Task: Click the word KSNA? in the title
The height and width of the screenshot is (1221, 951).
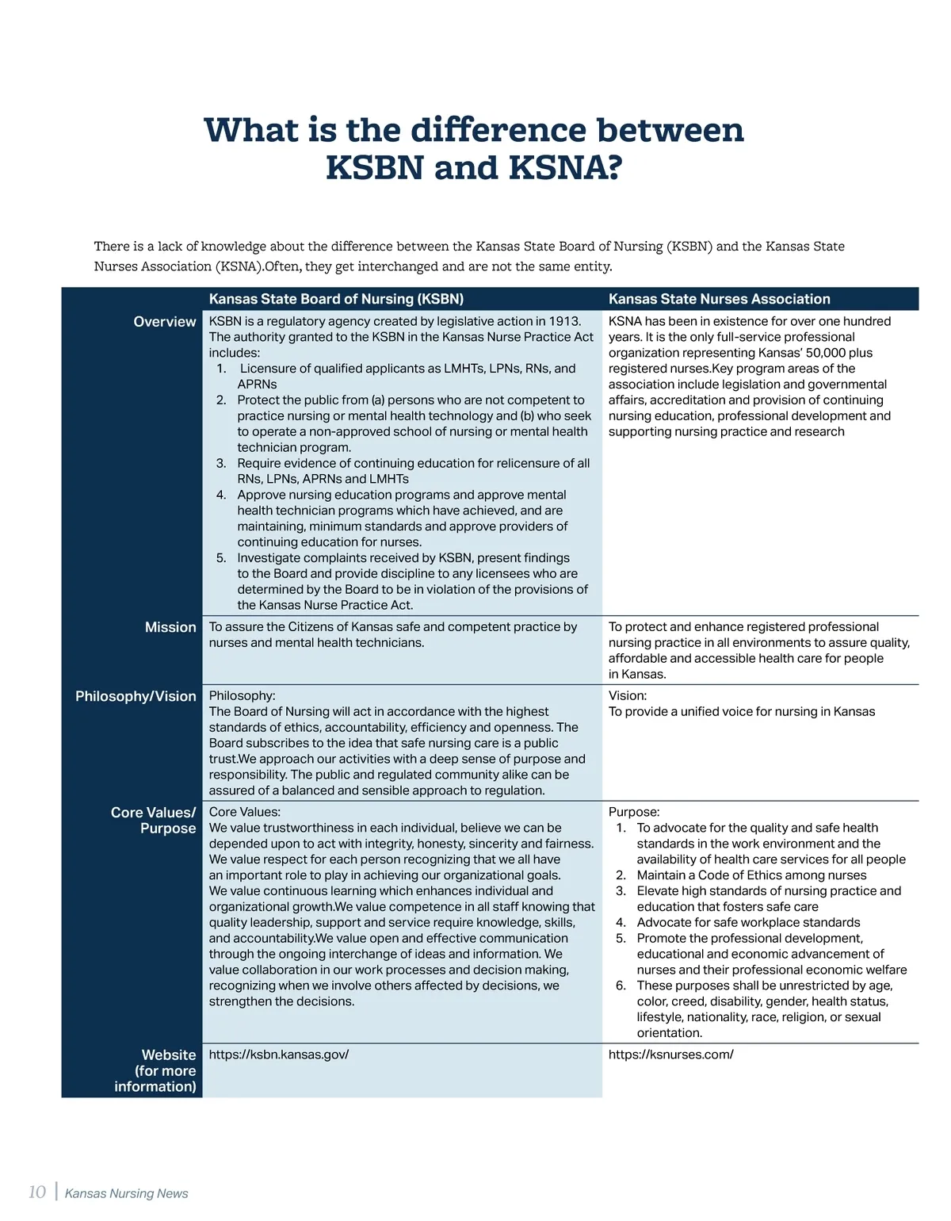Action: (565, 168)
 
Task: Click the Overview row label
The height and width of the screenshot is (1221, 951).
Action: (164, 322)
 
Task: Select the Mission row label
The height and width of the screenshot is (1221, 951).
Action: (170, 627)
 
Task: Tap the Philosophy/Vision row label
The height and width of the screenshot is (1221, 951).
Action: (136, 696)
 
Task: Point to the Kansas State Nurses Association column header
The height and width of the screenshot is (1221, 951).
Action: (719, 299)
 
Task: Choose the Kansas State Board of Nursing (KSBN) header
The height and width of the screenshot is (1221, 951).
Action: (336, 299)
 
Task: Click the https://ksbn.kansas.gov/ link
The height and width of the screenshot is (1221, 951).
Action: (278, 1054)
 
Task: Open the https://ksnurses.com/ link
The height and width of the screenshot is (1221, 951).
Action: (670, 1054)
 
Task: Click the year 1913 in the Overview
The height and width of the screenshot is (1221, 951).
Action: (565, 321)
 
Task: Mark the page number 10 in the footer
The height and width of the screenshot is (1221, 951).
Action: (36, 1192)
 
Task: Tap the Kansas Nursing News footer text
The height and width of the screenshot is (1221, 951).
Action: (126, 1193)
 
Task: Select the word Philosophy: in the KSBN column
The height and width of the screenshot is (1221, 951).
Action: (242, 696)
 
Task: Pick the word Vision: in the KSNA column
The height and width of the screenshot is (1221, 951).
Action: (627, 696)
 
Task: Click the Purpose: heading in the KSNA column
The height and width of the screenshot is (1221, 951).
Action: (633, 812)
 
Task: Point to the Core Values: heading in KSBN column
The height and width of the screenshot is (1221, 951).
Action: (244, 812)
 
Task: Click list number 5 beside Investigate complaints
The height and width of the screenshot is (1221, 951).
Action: (221, 558)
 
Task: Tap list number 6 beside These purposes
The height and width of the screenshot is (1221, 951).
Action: (621, 986)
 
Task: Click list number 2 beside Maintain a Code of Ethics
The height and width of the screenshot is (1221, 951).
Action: (621, 875)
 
